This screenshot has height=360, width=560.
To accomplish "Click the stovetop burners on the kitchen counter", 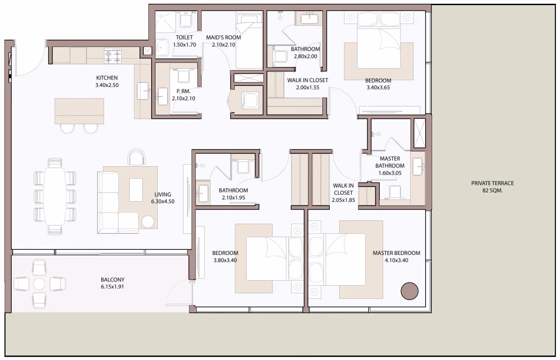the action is [113, 57].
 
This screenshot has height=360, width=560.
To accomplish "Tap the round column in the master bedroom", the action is [409, 291].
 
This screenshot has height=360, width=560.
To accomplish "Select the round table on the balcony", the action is [39, 284].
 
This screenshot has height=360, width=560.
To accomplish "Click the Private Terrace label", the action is [492, 183].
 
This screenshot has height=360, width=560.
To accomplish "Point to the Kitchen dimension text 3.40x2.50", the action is [107, 85].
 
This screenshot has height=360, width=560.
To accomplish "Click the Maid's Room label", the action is [224, 37].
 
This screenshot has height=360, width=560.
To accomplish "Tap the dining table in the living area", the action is [55, 196].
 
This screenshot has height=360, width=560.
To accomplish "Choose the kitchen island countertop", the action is [79, 111].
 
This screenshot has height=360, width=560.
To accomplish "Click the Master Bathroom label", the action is [390, 162].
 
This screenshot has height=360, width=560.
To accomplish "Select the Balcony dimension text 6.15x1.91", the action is [112, 287].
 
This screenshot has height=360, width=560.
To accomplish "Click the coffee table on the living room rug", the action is [136, 190].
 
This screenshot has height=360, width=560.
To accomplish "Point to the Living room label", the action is [163, 194].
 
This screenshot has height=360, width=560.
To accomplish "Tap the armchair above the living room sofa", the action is [136, 157].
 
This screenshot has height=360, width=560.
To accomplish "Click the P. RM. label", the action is [183, 92].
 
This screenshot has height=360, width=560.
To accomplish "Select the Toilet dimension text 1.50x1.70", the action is [184, 45].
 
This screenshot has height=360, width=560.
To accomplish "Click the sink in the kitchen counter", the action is [143, 91].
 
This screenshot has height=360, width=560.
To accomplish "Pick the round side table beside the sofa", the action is [148, 222].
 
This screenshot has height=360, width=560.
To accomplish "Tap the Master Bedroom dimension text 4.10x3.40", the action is [397, 260].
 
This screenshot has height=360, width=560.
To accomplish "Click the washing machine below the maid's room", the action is [250, 100].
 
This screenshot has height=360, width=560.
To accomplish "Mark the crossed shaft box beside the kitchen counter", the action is [147, 51].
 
